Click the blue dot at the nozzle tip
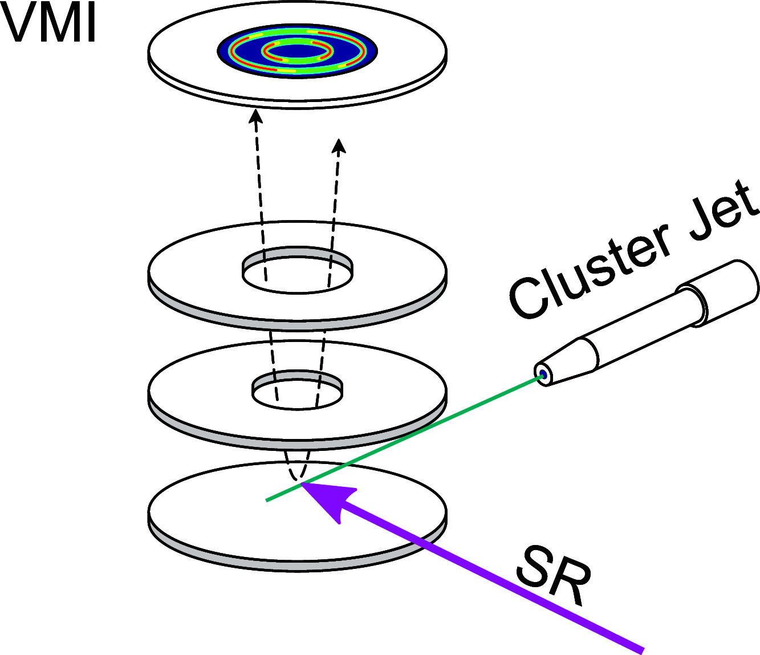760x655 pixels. (543, 375)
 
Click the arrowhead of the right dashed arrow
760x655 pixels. (340, 147)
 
